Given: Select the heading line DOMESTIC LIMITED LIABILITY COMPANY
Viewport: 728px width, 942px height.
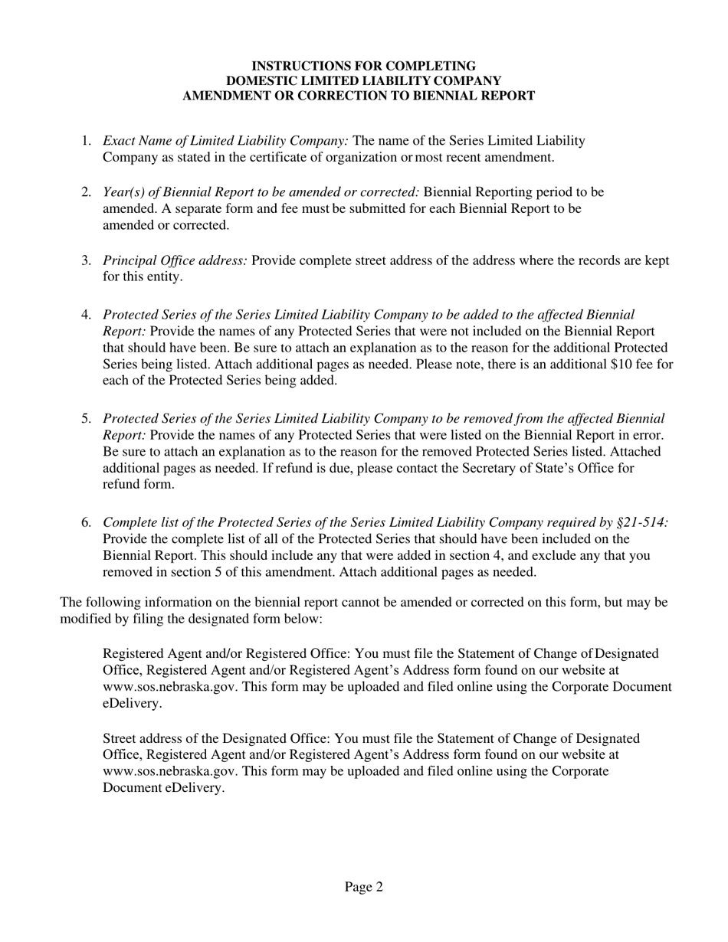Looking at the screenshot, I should pos(363,81).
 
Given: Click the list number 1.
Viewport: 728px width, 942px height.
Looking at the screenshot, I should pos(86,141).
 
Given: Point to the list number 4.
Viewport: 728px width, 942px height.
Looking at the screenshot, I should pos(86,315).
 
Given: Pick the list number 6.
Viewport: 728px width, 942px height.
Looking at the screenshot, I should pos(86,522).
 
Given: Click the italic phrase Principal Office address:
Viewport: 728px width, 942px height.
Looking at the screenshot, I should pos(175,260).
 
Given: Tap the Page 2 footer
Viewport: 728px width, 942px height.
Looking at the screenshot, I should pos(363,888).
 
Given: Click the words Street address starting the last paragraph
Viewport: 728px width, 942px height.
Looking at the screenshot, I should pos(146,739).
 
